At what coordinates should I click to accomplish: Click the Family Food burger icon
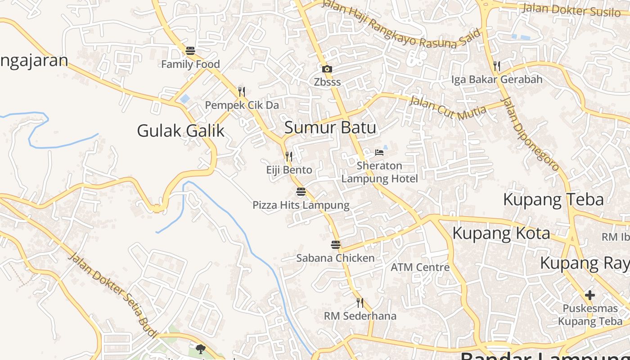coord(190,51)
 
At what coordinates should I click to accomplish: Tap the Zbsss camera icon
coord(327,69)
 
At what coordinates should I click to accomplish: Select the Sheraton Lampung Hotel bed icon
coord(379,153)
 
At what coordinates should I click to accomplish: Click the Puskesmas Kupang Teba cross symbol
coord(590,296)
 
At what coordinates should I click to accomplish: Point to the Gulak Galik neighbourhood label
coord(180,131)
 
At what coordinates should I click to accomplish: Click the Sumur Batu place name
coord(330,128)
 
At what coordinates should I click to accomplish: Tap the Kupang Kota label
coord(501,234)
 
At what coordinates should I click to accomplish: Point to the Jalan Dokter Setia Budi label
coord(113,295)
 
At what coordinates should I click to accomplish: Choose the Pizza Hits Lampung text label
coord(301,206)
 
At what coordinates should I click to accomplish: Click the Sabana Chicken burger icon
coord(336,245)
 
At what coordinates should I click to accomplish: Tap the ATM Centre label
coord(420,267)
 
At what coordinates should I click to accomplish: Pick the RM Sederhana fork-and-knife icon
coord(360,302)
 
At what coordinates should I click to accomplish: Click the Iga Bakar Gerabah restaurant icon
coord(497,66)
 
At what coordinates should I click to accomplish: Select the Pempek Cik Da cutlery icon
coord(242,92)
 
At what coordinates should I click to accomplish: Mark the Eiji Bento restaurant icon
coord(289,157)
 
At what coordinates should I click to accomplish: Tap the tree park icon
coord(201,349)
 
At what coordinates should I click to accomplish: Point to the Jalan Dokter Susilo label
coord(571,9)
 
